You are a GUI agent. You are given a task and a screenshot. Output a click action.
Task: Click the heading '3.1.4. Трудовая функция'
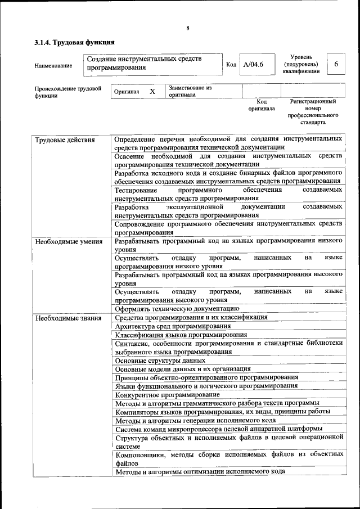[x=75, y=42]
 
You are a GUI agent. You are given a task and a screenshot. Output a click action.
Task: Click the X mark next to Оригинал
[x=152, y=91]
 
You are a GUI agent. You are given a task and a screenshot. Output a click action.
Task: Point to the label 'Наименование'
[x=53, y=66]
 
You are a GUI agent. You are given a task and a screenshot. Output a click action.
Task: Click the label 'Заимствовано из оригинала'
[x=190, y=91]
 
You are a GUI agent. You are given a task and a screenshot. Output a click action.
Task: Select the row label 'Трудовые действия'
[x=65, y=139]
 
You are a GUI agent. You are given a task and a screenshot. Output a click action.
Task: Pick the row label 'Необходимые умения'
[x=69, y=242]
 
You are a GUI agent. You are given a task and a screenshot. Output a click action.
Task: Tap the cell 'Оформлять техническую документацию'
[x=177, y=308]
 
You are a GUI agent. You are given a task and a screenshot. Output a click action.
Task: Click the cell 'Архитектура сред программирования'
[x=173, y=326]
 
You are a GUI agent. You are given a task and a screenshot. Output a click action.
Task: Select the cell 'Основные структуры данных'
[x=160, y=360]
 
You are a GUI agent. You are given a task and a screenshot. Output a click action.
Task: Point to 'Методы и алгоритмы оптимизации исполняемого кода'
[x=199, y=471]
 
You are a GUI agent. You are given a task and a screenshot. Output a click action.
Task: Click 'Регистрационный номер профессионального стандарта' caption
[x=313, y=111]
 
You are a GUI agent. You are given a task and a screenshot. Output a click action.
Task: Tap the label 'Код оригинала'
[x=262, y=105]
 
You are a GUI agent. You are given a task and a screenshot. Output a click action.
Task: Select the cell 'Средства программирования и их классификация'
[x=191, y=318]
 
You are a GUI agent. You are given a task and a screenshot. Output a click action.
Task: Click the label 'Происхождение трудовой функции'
[x=67, y=92]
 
